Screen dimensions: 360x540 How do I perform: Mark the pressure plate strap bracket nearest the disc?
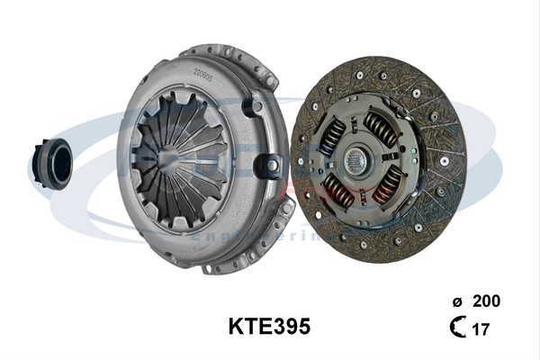(268, 166)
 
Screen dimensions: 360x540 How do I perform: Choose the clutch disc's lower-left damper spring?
(338, 188)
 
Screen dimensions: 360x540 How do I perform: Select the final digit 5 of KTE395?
(303, 327)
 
